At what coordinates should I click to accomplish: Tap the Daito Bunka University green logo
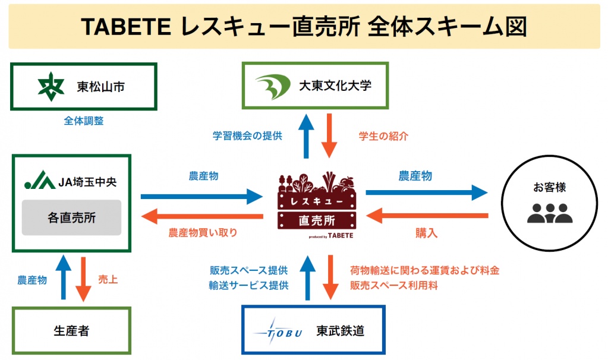click(x=273, y=86)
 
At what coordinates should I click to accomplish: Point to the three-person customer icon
click(x=549, y=214)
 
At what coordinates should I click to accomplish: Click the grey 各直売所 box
click(x=72, y=218)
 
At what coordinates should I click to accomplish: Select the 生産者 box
click(x=71, y=331)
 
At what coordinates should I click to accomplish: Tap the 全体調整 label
click(x=83, y=121)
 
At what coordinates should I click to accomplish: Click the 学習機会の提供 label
click(x=247, y=136)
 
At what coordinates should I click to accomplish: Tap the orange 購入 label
click(x=426, y=233)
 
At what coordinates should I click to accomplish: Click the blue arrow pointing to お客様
click(x=426, y=192)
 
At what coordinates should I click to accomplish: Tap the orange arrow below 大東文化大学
click(x=329, y=136)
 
